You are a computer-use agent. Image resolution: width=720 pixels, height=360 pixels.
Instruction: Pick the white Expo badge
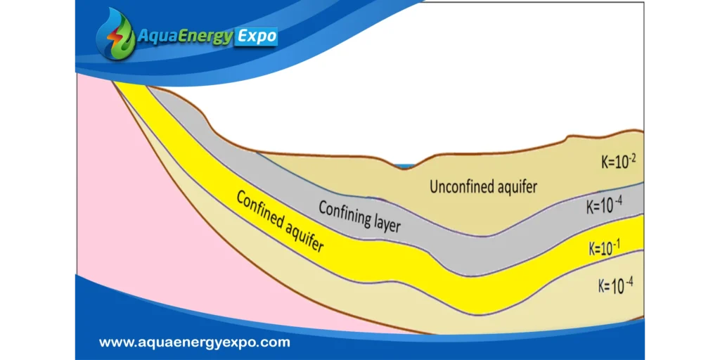pos(257,37)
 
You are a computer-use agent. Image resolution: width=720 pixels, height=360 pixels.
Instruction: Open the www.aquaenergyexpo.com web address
pos(195,342)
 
